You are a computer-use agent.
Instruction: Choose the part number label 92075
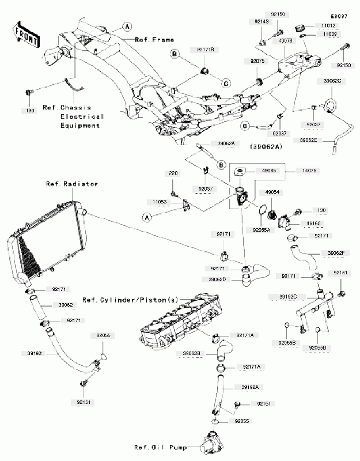pyautogui.click(x=257, y=61)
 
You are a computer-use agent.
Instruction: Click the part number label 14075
pyautogui.click(x=305, y=171)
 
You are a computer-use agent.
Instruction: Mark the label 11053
pyautogui.click(x=160, y=202)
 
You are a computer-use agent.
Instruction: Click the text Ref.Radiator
pyautogui.click(x=72, y=184)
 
